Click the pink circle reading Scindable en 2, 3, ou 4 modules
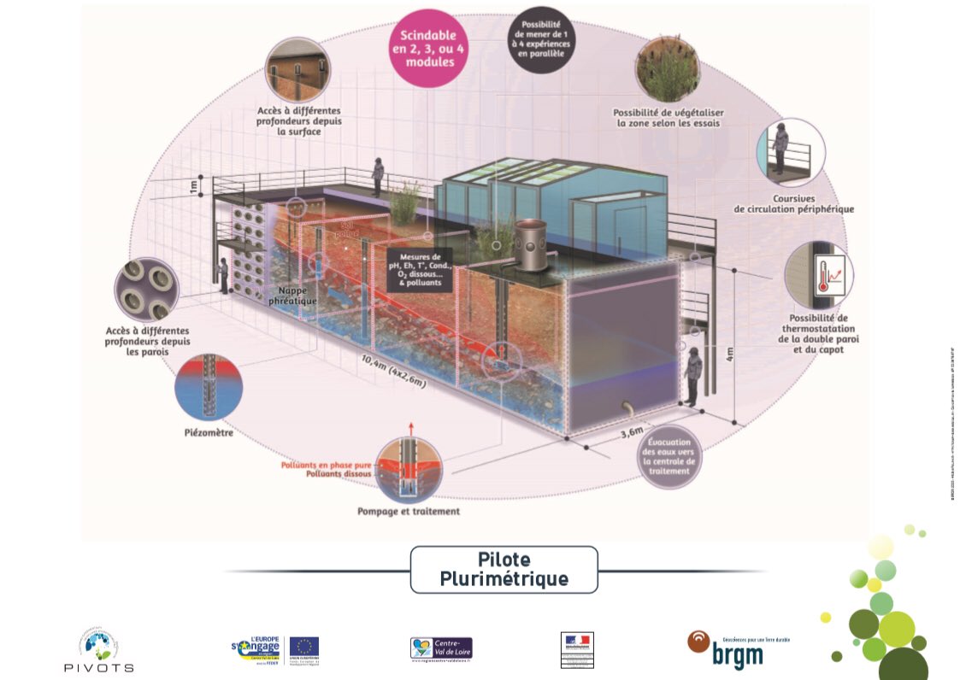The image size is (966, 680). click(x=427, y=49)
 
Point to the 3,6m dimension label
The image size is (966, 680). click(x=633, y=433)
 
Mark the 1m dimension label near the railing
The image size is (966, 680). click(x=193, y=185)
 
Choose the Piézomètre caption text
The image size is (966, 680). click(x=209, y=433)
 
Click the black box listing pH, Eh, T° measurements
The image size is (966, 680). click(x=420, y=269)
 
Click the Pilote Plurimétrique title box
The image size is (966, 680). click(x=504, y=569)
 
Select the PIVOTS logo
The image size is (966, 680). click(x=99, y=650)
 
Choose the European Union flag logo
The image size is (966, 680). click(x=303, y=648)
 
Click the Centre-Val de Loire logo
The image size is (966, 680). click(x=440, y=648)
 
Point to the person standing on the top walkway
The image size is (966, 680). click(x=377, y=175)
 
